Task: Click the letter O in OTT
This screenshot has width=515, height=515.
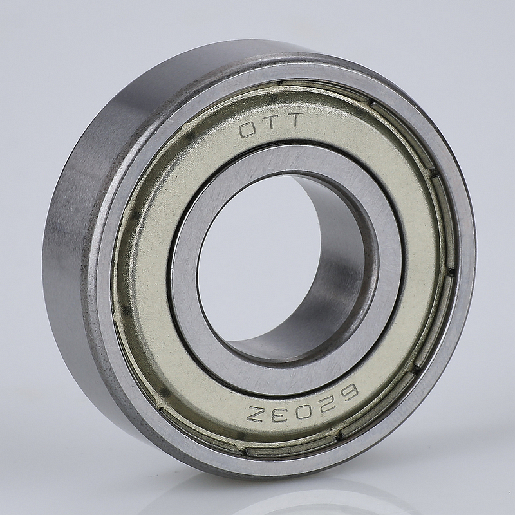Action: coord(247,131)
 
